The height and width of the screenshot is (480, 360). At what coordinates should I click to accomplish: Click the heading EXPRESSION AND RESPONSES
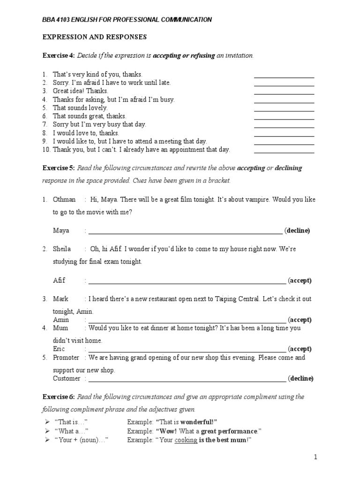(x=95, y=37)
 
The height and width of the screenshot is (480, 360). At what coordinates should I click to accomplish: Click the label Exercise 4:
(x=59, y=56)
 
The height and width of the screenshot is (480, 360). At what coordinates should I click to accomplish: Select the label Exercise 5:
(x=59, y=168)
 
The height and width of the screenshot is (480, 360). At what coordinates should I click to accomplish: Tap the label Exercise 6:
(x=59, y=397)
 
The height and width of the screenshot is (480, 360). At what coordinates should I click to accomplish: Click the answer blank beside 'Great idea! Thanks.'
(x=284, y=94)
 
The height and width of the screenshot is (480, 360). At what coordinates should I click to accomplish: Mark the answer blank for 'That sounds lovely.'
(x=284, y=111)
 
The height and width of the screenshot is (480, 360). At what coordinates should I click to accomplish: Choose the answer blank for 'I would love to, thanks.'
(x=284, y=136)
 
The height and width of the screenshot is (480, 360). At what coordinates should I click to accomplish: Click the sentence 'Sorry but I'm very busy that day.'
(x=99, y=124)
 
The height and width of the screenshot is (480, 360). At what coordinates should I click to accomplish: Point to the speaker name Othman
(x=64, y=199)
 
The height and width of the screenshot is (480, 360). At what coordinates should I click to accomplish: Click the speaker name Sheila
(x=62, y=249)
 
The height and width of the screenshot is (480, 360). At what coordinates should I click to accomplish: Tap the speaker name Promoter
(x=66, y=358)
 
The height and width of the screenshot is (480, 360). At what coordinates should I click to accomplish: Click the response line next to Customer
(x=187, y=381)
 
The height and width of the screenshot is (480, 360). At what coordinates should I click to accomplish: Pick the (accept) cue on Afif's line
(x=300, y=281)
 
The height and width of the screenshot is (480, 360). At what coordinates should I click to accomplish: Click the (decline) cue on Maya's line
(x=298, y=231)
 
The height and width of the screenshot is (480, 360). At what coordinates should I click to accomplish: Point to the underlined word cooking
(x=186, y=440)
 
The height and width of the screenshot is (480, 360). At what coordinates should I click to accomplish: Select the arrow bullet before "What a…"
(x=47, y=431)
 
